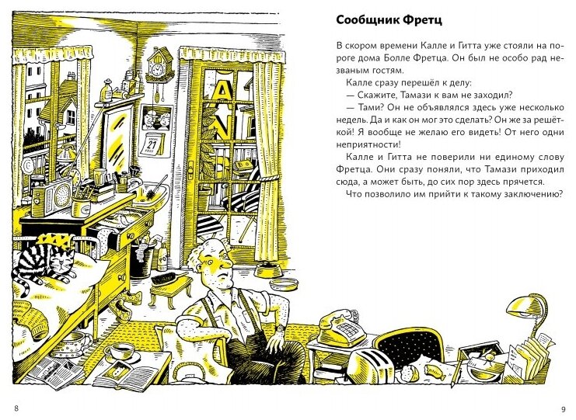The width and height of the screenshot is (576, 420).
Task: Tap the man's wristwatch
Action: (278, 328)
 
